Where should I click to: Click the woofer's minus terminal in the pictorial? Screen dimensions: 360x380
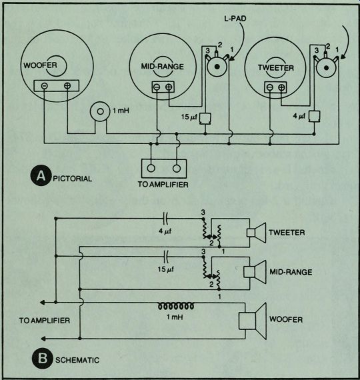(x=45, y=85)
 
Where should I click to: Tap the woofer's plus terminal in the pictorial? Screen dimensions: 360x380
(x=67, y=85)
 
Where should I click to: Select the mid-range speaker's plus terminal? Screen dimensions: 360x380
(x=169, y=87)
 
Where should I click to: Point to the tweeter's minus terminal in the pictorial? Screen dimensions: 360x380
(x=270, y=87)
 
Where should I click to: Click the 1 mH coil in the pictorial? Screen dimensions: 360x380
(x=101, y=111)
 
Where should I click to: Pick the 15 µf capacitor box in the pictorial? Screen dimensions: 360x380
(x=205, y=119)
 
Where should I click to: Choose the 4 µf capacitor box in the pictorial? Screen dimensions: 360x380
(x=315, y=116)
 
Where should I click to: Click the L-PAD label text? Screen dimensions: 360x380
(x=235, y=19)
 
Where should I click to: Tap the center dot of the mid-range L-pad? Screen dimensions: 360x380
(x=217, y=67)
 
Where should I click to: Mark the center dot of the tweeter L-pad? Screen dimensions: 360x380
(x=326, y=67)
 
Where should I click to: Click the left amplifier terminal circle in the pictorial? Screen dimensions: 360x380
(x=151, y=168)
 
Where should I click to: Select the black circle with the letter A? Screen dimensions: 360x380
(x=41, y=176)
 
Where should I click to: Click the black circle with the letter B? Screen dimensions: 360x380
(x=43, y=359)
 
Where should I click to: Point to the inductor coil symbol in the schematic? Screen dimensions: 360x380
(x=176, y=306)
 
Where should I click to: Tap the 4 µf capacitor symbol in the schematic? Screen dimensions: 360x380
(x=166, y=219)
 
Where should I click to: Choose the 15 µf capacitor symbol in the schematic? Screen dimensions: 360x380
(x=166, y=257)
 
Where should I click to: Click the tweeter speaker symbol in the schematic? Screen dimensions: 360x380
(x=256, y=233)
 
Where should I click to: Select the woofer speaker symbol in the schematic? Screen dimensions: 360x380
(x=253, y=321)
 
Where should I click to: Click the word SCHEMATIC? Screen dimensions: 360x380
(x=77, y=360)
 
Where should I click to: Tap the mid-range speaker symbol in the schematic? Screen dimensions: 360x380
(x=255, y=271)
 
